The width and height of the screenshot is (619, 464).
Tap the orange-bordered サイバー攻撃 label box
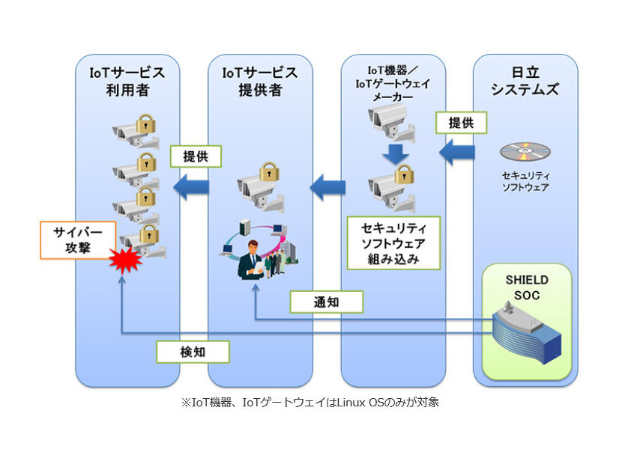(x=78, y=239)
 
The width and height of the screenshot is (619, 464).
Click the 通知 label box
(x=327, y=302)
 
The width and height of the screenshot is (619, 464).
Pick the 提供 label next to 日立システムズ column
(x=461, y=122)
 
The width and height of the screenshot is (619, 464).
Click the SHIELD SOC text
(x=525, y=287)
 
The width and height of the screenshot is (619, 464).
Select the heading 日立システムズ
(x=525, y=82)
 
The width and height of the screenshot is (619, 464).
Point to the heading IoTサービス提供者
(x=260, y=81)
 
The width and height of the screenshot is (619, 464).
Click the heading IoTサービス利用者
(x=127, y=81)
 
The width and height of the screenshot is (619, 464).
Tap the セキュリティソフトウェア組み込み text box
(x=393, y=243)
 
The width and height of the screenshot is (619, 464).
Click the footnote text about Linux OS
(x=309, y=402)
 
